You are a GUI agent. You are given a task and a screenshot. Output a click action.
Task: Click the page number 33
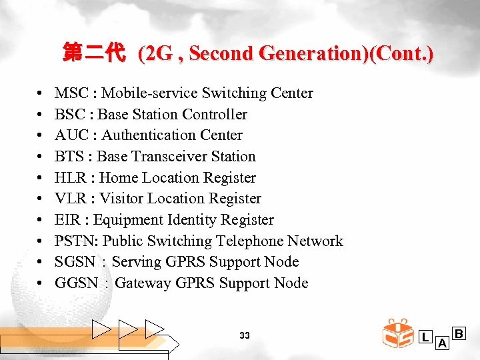click(x=244, y=335)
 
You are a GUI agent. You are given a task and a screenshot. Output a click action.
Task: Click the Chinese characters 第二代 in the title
click(x=94, y=53)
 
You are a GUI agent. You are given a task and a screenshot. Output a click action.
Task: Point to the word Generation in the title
click(x=302, y=53)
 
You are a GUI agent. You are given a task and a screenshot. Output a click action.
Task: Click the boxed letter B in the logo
click(x=460, y=332)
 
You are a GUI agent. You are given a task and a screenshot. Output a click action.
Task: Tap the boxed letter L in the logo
click(x=425, y=337)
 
